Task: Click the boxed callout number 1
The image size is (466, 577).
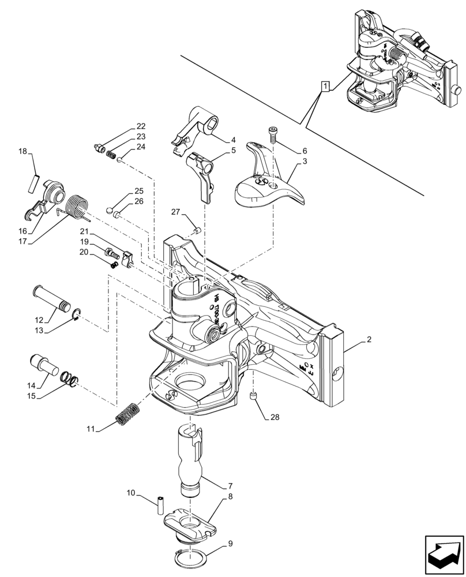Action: pyautogui.click(x=326, y=87)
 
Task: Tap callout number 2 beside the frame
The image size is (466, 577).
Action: pyautogui.click(x=367, y=342)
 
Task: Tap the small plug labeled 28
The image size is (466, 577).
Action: pyautogui.click(x=252, y=396)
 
